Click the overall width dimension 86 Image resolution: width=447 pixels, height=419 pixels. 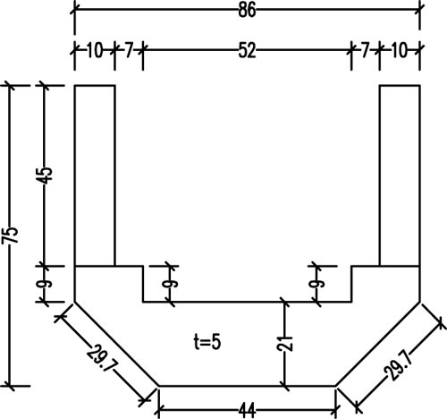point(247,11)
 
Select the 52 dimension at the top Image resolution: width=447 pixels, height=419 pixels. point(247,50)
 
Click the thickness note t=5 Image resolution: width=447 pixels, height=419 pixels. point(207,342)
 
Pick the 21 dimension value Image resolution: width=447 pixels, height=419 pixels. point(284,343)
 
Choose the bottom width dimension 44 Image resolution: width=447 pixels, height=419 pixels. point(247,411)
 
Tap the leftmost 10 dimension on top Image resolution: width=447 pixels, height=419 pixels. point(95,50)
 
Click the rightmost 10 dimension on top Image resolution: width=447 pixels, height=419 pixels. point(399,50)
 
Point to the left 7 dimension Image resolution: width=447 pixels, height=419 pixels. point(129,50)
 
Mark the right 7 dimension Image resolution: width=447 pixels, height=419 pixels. point(366,50)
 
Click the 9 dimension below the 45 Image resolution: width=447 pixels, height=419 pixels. point(44,284)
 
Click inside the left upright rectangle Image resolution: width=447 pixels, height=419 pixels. point(95,175)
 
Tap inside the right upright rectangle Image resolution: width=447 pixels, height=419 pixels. point(400,175)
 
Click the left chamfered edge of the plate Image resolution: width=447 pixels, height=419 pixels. point(116,344)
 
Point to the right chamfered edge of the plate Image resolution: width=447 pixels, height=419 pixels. point(378,344)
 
